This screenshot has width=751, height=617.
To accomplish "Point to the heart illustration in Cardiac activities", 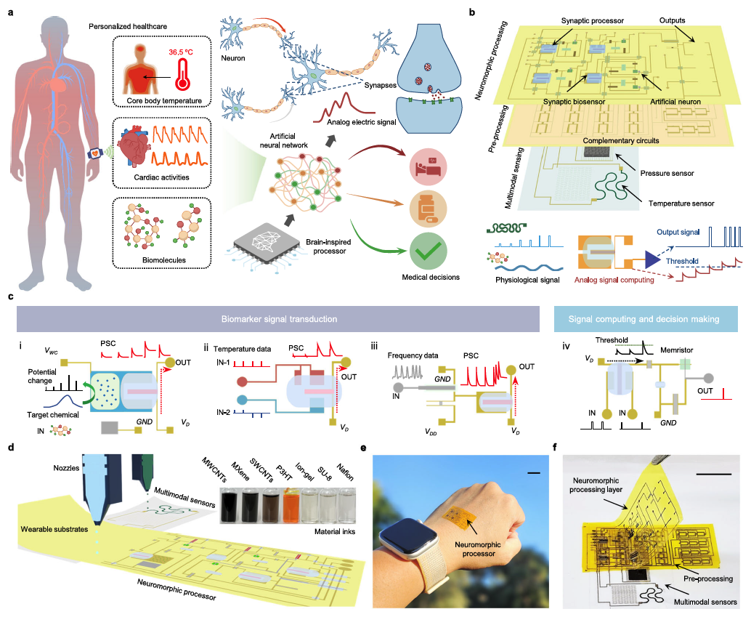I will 142,149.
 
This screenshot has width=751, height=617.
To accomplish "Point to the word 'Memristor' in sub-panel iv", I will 677,350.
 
